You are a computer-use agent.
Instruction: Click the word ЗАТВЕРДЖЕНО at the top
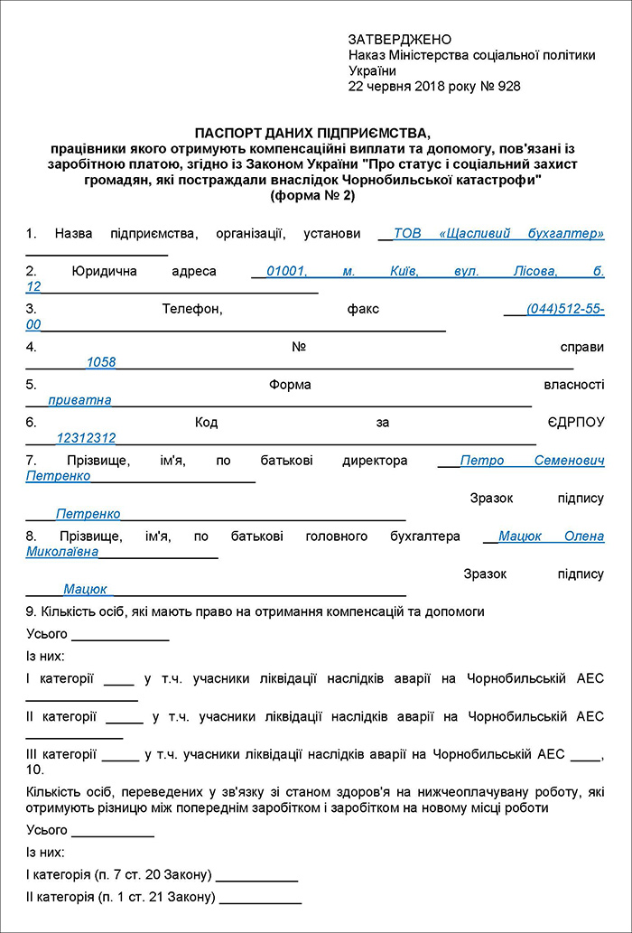tap(399, 40)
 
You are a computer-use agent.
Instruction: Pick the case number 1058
tap(101, 362)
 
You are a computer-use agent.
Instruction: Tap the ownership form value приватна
tap(80, 399)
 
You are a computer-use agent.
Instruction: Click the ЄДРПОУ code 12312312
tap(86, 438)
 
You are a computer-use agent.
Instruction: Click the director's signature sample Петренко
tap(88, 514)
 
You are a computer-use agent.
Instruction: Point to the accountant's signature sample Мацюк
tap(85, 589)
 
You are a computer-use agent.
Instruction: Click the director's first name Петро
tap(482, 461)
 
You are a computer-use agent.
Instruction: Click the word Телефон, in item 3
tap(192, 309)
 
